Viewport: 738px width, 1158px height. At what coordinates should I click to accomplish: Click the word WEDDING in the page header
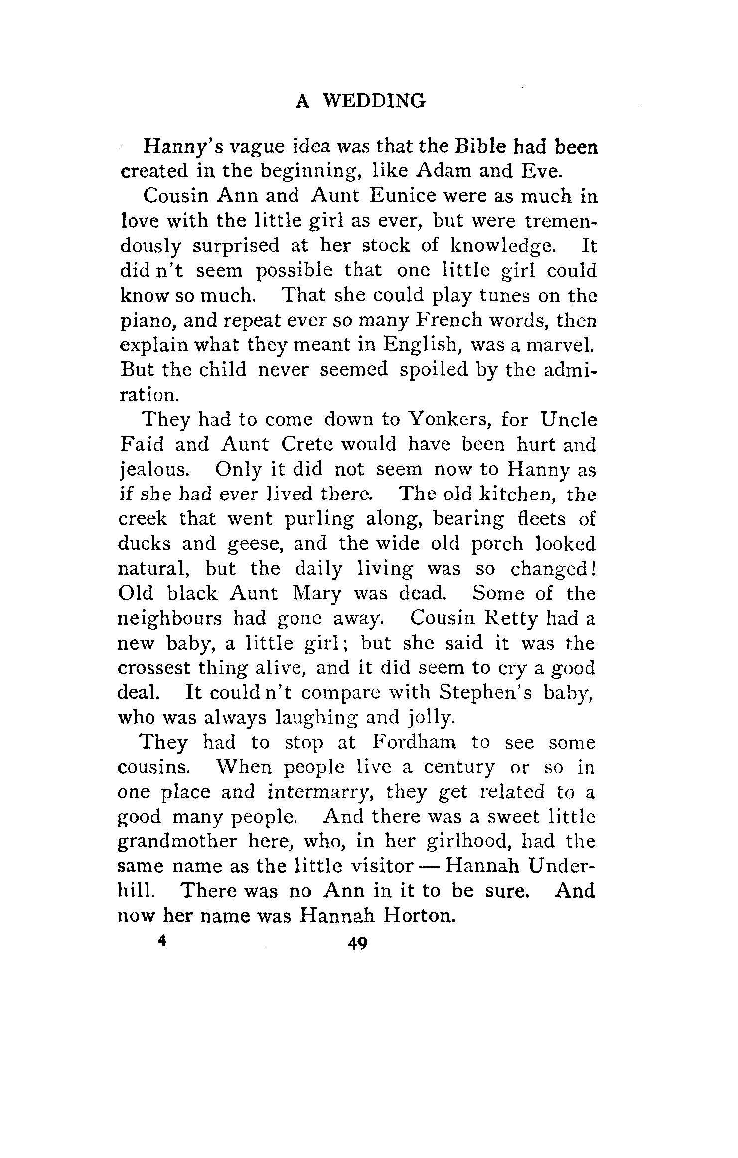click(375, 101)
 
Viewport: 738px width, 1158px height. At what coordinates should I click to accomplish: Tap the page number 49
click(358, 944)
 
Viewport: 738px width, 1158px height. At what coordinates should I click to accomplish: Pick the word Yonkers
click(450, 420)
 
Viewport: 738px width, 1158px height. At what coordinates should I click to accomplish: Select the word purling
click(319, 519)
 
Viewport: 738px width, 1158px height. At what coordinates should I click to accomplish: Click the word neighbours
click(170, 619)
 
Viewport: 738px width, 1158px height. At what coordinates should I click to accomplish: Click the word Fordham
click(414, 743)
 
